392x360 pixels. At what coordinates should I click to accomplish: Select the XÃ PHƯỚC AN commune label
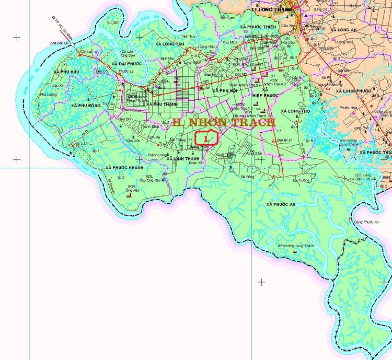pos(282,203)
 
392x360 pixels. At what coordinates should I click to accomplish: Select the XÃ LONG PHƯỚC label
pos(353,91)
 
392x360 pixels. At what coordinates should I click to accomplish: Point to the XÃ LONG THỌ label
pos(296,111)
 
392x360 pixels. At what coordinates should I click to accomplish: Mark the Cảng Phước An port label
pos(365,222)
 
